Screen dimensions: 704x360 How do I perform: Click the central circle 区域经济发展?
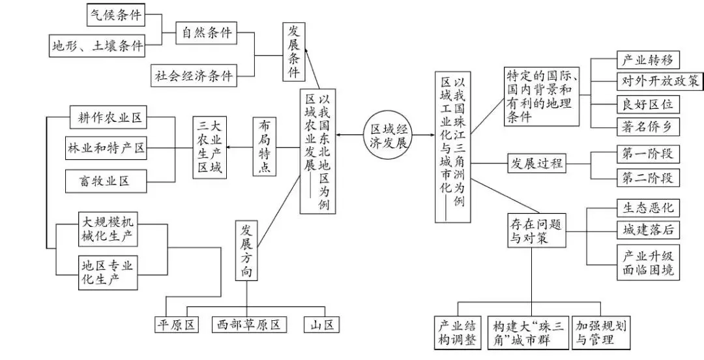coord(388,136)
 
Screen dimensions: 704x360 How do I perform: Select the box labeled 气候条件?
coord(116,15)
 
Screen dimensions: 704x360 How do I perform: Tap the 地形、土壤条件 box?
coord(97,46)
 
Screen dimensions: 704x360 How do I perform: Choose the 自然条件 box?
coord(206,33)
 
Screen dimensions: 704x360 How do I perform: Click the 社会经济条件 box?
coord(194,75)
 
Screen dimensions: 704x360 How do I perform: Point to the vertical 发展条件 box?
coord(293,52)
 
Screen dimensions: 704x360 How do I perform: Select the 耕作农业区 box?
coord(108,118)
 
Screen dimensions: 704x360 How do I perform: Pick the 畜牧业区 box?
coord(106,181)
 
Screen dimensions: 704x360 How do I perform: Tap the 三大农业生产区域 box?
coord(210,147)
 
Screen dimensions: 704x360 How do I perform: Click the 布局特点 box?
coord(265,147)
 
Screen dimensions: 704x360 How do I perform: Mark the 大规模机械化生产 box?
coord(108,229)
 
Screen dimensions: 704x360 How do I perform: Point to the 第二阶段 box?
coord(648,178)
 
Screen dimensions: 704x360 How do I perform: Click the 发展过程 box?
coord(536,163)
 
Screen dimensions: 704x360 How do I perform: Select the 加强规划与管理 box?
coord(601,333)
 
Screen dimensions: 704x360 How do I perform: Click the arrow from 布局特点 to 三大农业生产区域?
coord(240,147)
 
